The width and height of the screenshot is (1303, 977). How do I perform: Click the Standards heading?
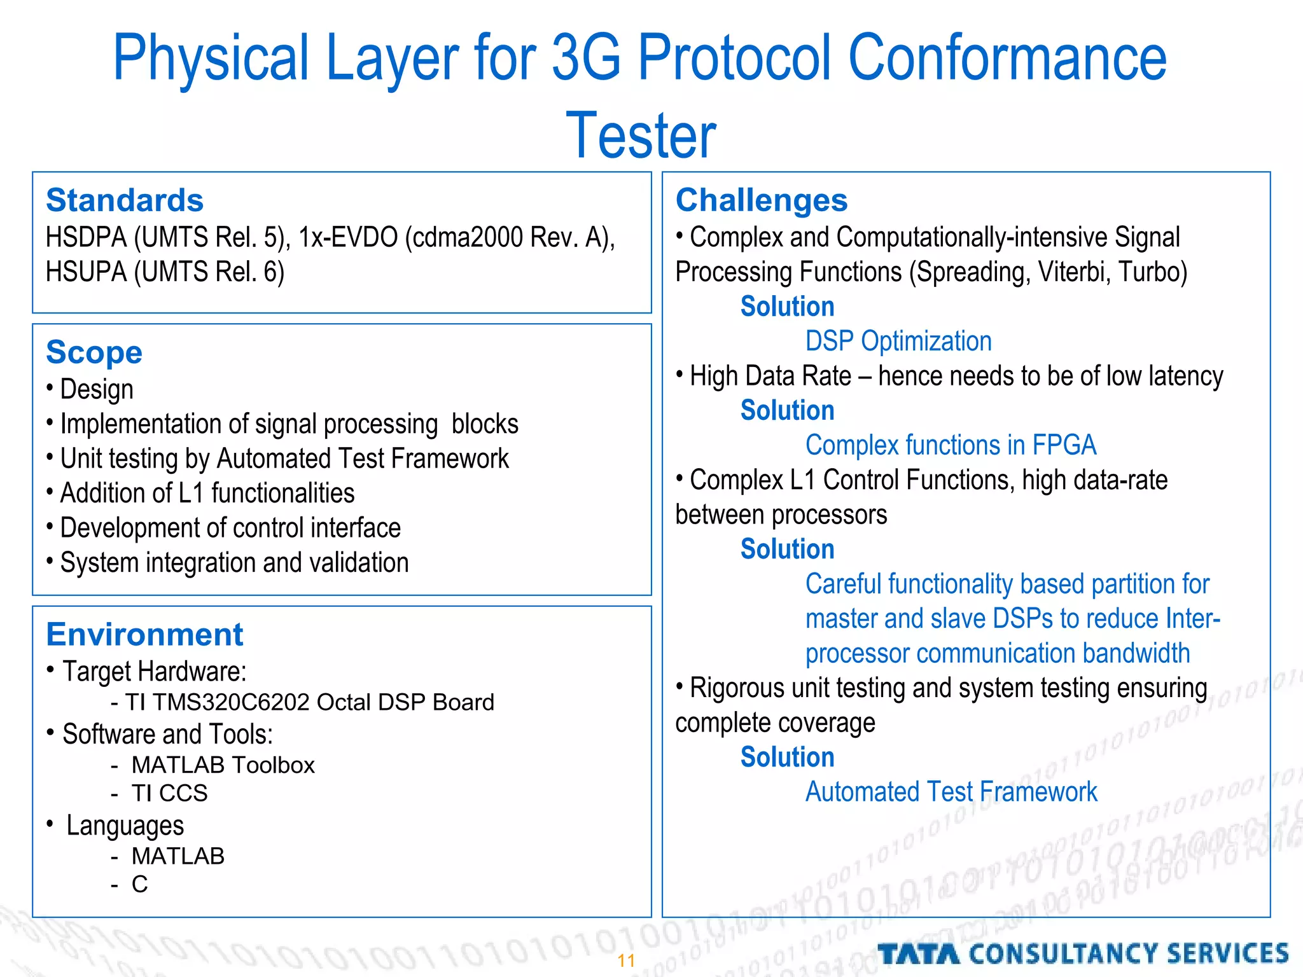tap(125, 200)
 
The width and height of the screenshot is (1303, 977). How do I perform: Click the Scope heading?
tap(94, 352)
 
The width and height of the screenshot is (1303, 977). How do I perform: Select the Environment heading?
tap(144, 634)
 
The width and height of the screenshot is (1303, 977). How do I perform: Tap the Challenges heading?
tap(762, 200)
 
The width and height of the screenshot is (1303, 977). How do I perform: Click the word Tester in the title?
tap(641, 135)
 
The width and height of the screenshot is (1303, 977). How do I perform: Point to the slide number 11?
tap(627, 960)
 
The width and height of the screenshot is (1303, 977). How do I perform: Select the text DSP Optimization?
tap(898, 342)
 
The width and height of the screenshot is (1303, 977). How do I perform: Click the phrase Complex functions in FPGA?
tap(951, 445)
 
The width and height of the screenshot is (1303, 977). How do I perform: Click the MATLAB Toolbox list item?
tap(223, 765)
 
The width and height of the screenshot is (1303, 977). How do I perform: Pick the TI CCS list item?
tap(169, 793)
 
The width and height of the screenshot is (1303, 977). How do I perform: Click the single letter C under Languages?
tap(139, 884)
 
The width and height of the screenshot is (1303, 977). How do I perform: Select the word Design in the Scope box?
tap(97, 389)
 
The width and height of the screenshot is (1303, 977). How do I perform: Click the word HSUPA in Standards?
tap(86, 272)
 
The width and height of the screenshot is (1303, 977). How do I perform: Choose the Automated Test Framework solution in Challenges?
tap(951, 792)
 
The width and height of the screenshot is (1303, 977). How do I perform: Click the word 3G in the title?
tap(585, 59)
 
